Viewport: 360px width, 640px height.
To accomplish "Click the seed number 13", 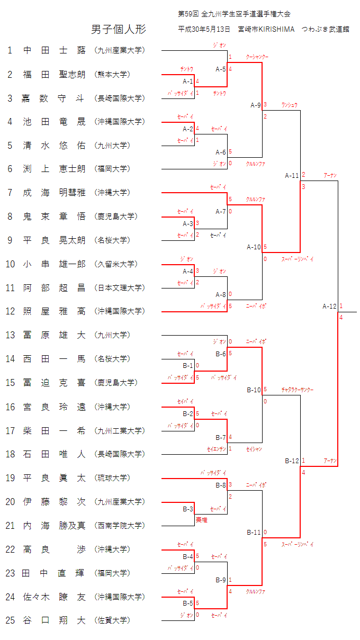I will click(x=11, y=335).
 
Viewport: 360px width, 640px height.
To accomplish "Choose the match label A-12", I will click(x=329, y=306).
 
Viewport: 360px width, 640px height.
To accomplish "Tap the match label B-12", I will click(x=292, y=461).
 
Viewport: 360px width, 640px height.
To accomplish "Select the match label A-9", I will click(x=255, y=105).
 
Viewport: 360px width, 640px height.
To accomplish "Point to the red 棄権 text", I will click(x=201, y=520).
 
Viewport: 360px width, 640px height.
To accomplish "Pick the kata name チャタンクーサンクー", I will click(x=298, y=390).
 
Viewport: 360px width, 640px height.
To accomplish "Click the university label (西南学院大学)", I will click(x=119, y=526).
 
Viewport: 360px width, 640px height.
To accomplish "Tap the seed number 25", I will click(x=11, y=620).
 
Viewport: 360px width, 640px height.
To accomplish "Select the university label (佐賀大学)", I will click(x=112, y=620).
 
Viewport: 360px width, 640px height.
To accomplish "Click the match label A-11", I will click(x=292, y=175).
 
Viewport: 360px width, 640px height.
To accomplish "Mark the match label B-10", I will click(x=254, y=390).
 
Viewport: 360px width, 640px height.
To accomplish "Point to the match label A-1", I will click(x=188, y=81).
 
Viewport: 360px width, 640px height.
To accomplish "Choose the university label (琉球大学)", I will click(x=112, y=478).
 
